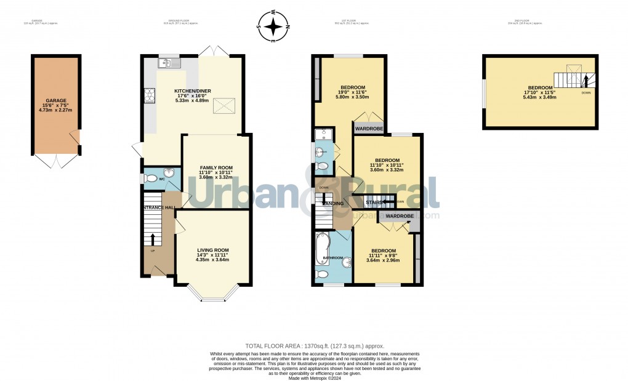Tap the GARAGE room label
click(x=55, y=100)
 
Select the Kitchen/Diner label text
click(x=193, y=91)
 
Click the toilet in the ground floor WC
click(x=148, y=178)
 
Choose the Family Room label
click(x=215, y=167)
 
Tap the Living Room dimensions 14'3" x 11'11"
click(x=212, y=255)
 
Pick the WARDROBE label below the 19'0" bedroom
click(x=369, y=129)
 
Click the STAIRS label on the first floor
click(x=374, y=201)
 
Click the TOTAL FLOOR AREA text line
click(x=314, y=347)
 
